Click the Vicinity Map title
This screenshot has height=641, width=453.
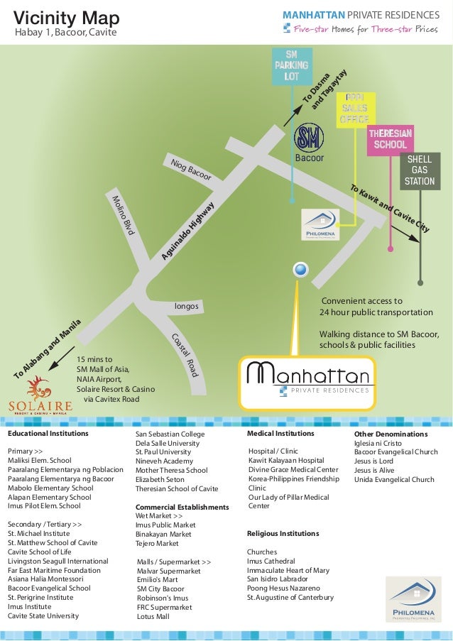coord(67,18)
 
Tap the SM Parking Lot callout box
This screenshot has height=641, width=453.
coord(291,65)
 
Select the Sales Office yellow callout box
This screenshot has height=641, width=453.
coord(354,109)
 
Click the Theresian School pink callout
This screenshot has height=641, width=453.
coord(390,139)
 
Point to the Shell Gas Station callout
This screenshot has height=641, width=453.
coord(420,170)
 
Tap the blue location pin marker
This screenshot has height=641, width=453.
coord(300,270)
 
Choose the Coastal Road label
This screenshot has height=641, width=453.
coord(183,354)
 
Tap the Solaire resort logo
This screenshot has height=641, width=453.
coord(40,396)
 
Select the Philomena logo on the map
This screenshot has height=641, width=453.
coord(320,224)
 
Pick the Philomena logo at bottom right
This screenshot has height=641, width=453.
coord(413,598)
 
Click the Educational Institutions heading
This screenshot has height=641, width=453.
coord(48,433)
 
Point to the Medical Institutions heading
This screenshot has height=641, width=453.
coord(280,433)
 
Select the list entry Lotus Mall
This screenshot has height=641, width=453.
coord(153,617)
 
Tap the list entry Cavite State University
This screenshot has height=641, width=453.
coord(43,615)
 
